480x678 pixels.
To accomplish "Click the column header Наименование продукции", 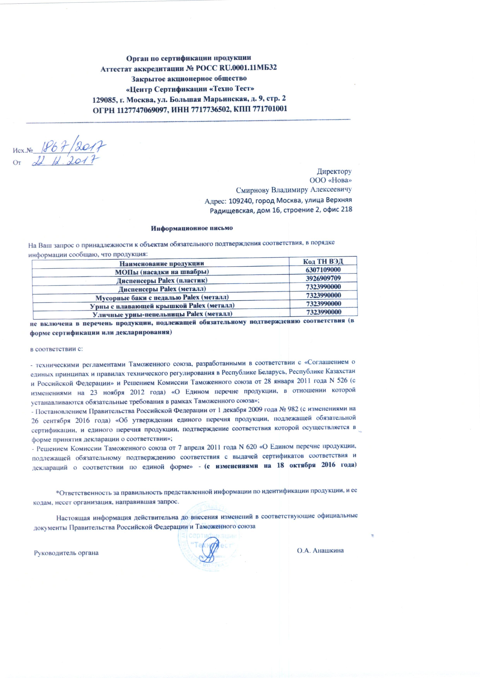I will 161,263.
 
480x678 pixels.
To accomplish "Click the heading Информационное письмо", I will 192,228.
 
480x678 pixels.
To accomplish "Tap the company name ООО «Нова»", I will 330,180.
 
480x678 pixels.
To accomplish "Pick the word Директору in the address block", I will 334,171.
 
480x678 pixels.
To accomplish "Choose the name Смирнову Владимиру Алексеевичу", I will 294,190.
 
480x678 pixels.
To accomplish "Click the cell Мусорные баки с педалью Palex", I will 162,297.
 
